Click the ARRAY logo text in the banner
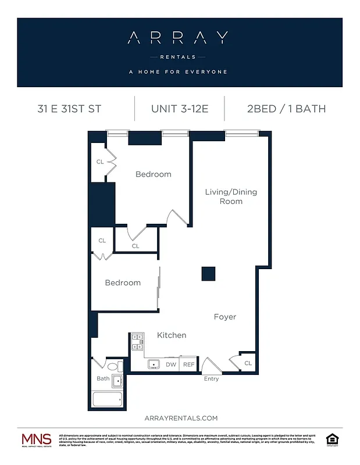pyautogui.click(x=177, y=38)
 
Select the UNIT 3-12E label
pyautogui.click(x=180, y=109)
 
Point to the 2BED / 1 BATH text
pyautogui.click(x=287, y=109)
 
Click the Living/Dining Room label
pyautogui.click(x=231, y=196)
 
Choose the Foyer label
pyautogui.click(x=225, y=317)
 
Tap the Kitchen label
pyautogui.click(x=172, y=335)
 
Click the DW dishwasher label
pyautogui.click(x=171, y=365)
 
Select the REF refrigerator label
pyautogui.click(x=188, y=365)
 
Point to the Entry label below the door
pyautogui.click(x=211, y=380)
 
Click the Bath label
pyautogui.click(x=103, y=379)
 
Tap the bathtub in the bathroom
pyautogui.click(x=108, y=399)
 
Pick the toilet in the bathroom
pyautogui.click(x=116, y=367)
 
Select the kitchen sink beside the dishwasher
pyautogui.click(x=154, y=364)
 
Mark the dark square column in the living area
pyautogui.click(x=208, y=273)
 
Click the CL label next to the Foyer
pyautogui.click(x=248, y=363)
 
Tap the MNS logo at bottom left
pyautogui.click(x=36, y=440)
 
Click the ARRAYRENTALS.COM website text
pyautogui.click(x=180, y=418)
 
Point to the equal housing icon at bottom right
pyautogui.click(x=332, y=438)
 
